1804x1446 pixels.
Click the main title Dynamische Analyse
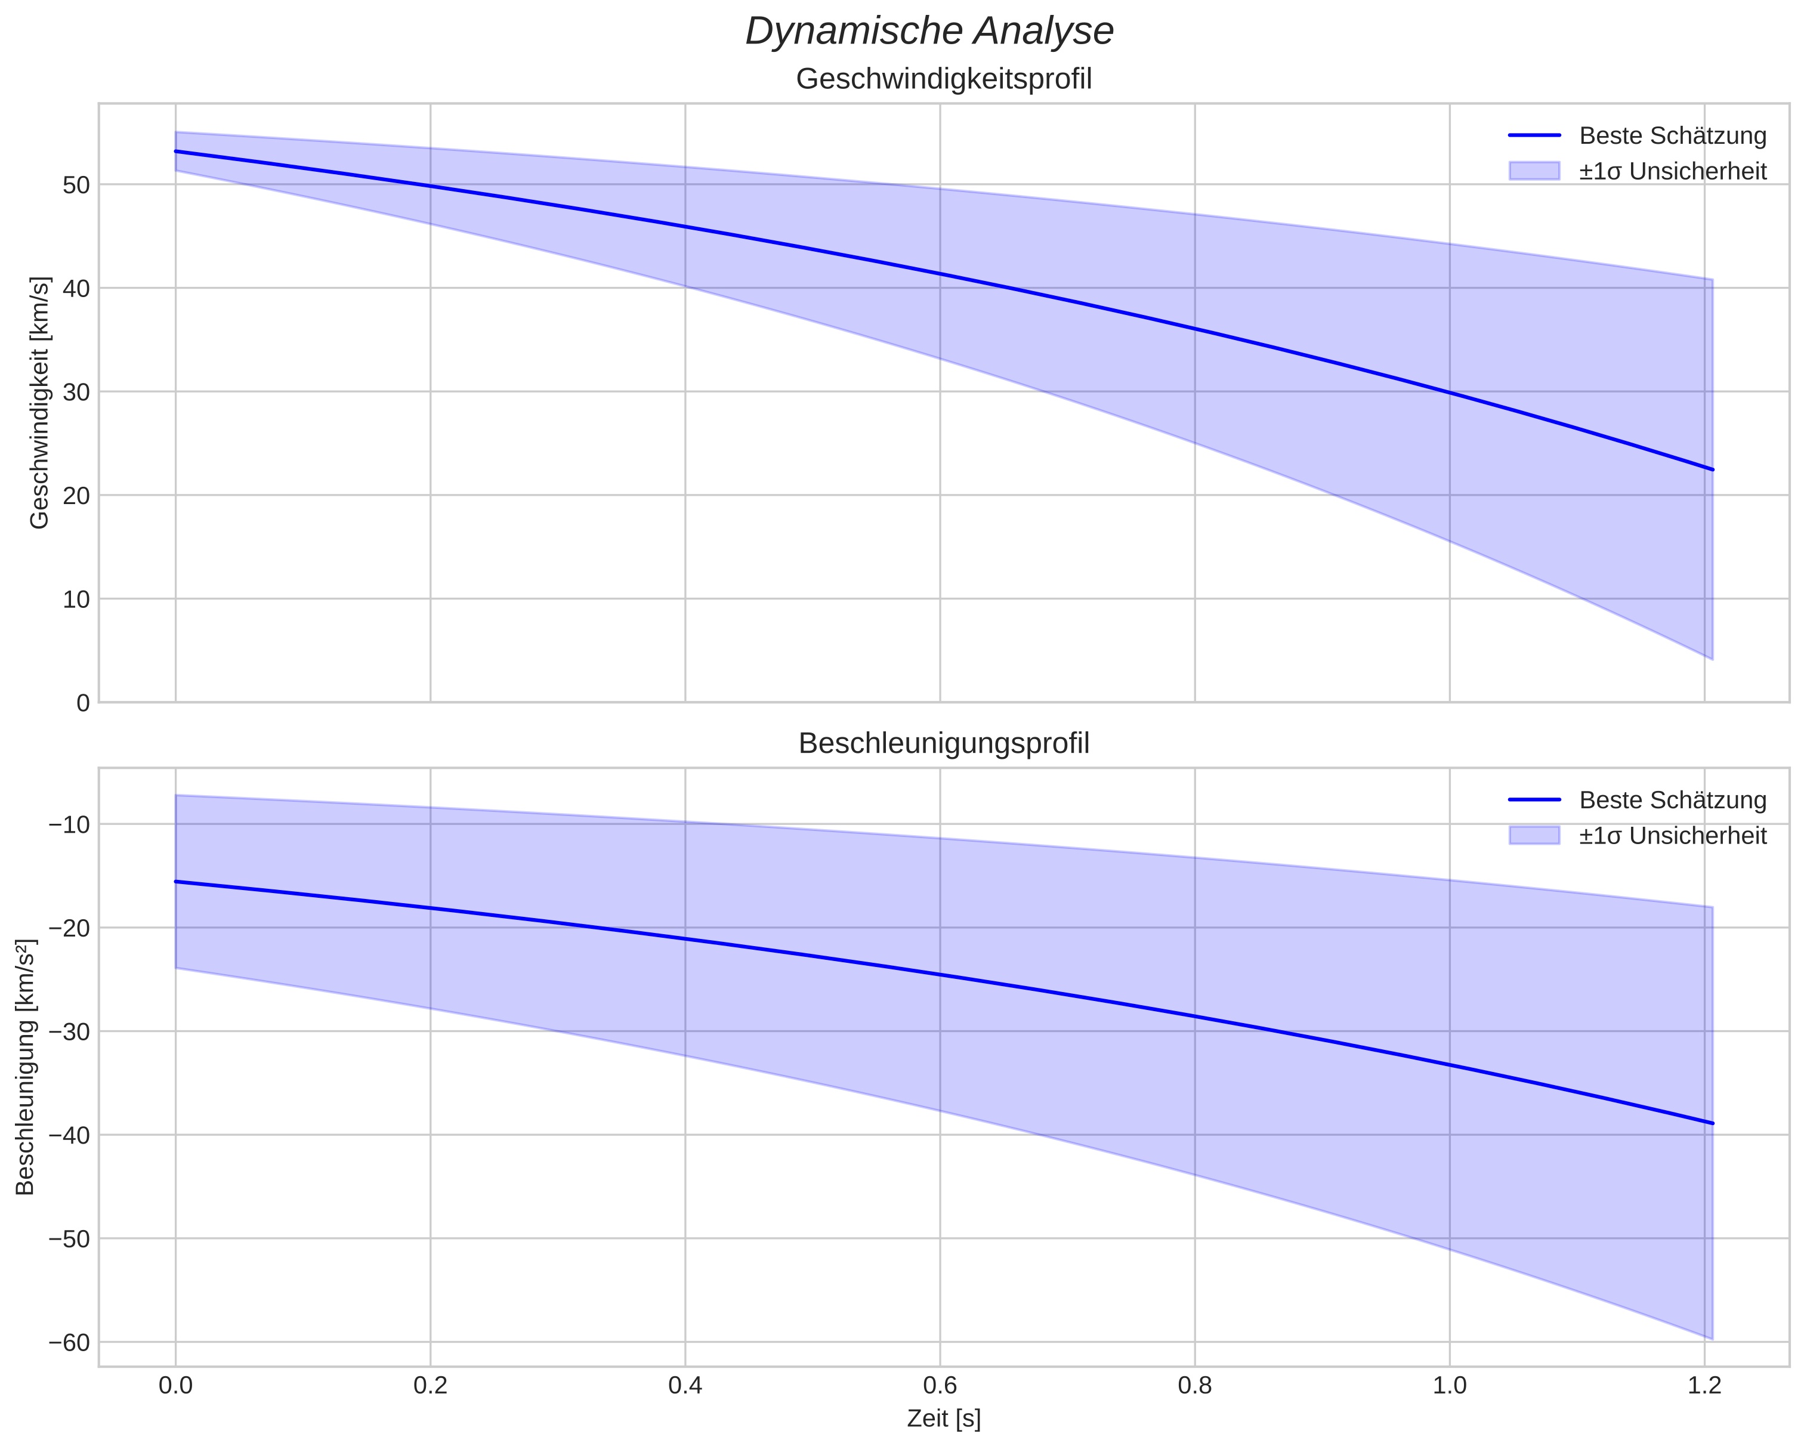[x=929, y=32]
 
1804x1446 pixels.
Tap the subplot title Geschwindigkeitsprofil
[x=944, y=79]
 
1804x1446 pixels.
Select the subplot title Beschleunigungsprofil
[x=944, y=743]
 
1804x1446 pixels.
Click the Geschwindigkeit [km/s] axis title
[x=39, y=403]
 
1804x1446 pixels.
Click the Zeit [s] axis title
[x=944, y=1419]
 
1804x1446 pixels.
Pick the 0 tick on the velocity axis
[x=83, y=703]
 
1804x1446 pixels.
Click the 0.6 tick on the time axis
[x=940, y=1386]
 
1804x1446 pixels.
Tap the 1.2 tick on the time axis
[x=1704, y=1386]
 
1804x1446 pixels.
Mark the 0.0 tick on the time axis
[x=176, y=1386]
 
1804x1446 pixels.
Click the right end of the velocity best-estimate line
[x=1713, y=469]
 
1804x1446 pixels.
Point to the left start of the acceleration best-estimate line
[x=176, y=881]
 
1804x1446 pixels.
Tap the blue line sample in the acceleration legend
[x=1534, y=800]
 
